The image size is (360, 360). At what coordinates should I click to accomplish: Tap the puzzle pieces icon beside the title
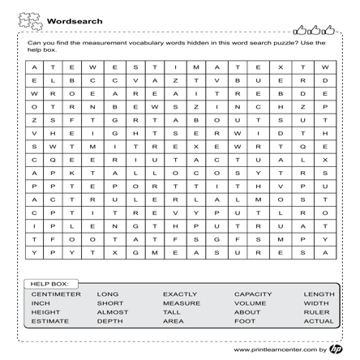[x=29, y=19]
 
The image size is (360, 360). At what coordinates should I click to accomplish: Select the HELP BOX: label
[x=50, y=284]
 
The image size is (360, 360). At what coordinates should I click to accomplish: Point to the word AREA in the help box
[x=174, y=321]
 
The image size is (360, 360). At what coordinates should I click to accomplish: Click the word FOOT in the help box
[x=245, y=321]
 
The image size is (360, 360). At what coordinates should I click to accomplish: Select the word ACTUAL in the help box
[x=319, y=321]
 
